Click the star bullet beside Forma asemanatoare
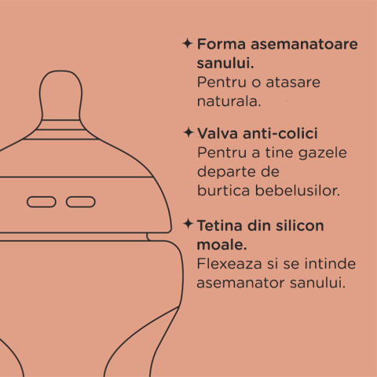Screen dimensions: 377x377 click(187, 42)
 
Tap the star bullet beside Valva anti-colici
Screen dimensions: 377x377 click(187, 132)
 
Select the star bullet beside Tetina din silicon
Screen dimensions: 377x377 click(187, 225)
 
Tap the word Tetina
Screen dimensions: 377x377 click(219, 226)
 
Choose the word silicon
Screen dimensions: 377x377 click(297, 226)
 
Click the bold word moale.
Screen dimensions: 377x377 click(219, 244)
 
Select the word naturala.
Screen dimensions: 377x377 click(228, 101)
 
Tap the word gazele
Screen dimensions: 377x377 click(324, 152)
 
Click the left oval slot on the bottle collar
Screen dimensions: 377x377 click(41, 202)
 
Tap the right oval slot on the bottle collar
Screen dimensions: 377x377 click(80, 202)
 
